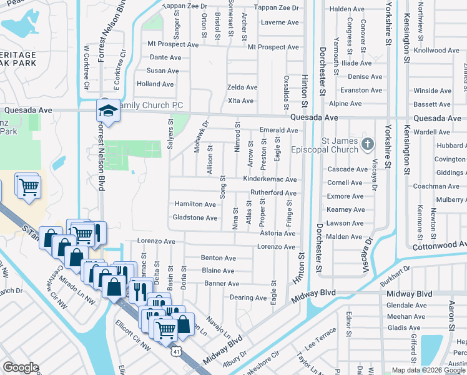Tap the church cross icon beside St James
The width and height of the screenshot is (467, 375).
coord(368,145)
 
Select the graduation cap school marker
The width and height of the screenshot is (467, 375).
coord(107,111)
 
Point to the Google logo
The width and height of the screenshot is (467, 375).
coord(21,367)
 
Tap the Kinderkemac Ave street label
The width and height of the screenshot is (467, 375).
coord(269,179)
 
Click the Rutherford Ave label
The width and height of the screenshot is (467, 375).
coord(273,192)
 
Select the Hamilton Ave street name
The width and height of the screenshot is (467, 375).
coord(195,204)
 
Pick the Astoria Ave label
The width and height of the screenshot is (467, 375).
coord(278,233)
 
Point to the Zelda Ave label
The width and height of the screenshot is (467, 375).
coord(242,87)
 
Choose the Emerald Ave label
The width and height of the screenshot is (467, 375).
coord(279,131)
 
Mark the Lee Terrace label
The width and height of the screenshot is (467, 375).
coord(315,342)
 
